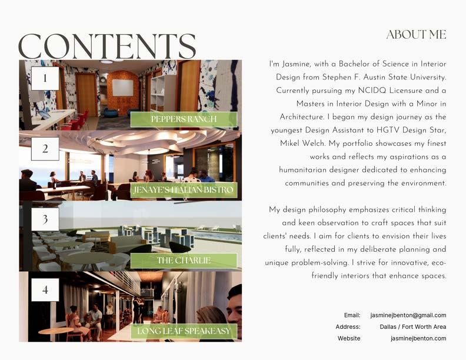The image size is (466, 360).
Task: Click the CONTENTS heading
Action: coord(107,46)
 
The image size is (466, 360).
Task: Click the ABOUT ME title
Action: coord(416,35)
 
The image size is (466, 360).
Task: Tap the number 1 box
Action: coord(45,78)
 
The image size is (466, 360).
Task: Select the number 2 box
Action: coord(45,149)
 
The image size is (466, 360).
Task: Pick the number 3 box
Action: coord(45,219)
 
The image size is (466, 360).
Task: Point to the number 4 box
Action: coord(45,289)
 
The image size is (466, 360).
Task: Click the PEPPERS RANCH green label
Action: coord(184,119)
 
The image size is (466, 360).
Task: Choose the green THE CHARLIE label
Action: coord(184,261)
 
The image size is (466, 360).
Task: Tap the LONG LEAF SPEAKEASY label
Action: coord(184,331)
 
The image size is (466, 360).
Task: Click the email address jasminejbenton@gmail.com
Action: coord(408,315)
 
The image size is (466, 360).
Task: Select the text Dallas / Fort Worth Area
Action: coord(412,326)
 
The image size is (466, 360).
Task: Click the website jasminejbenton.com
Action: coord(418,338)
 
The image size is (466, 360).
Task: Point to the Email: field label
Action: coord(352,315)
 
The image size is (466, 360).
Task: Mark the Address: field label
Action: coord(348,326)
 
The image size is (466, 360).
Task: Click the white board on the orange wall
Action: coord(122,88)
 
